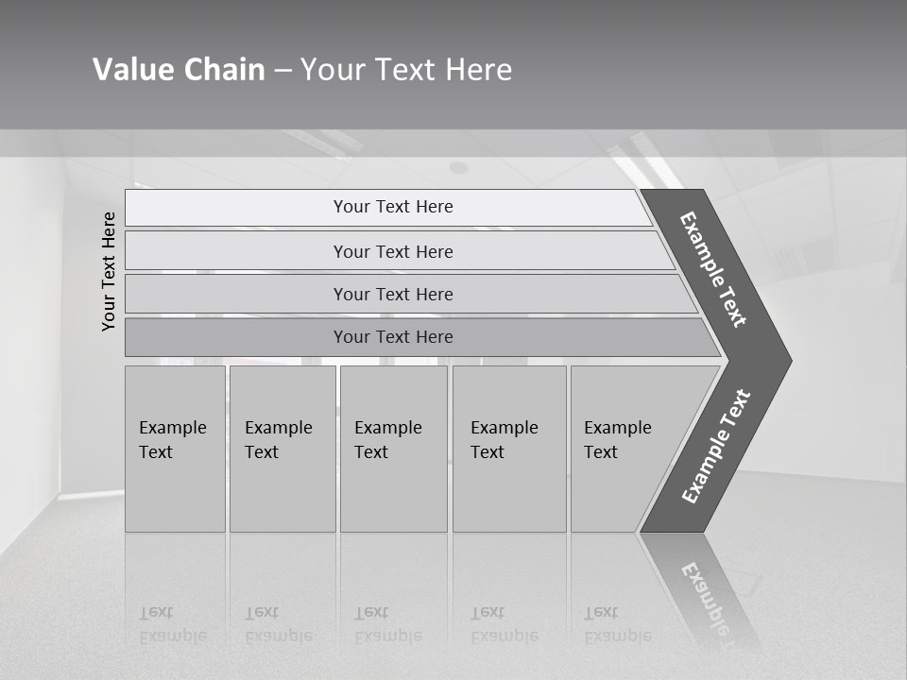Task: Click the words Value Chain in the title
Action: coord(179,70)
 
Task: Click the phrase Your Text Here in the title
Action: coord(406,70)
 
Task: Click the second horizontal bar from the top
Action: coord(393,251)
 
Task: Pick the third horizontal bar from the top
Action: coord(393,294)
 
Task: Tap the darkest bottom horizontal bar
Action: coord(393,337)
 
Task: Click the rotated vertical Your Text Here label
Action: coord(109,271)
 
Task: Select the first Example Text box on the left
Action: coord(175,449)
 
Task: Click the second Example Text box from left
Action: coord(282,449)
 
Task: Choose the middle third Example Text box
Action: coord(393,449)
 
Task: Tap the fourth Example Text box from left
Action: coord(508,449)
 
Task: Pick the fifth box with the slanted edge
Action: coord(624,449)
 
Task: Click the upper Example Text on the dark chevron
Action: coord(713,269)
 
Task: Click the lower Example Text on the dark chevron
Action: coord(716,446)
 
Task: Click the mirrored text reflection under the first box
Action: coord(172,624)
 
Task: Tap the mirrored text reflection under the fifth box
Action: coord(617,624)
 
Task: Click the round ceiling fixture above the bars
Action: coord(458,168)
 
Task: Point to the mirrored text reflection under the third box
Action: coord(387,624)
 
